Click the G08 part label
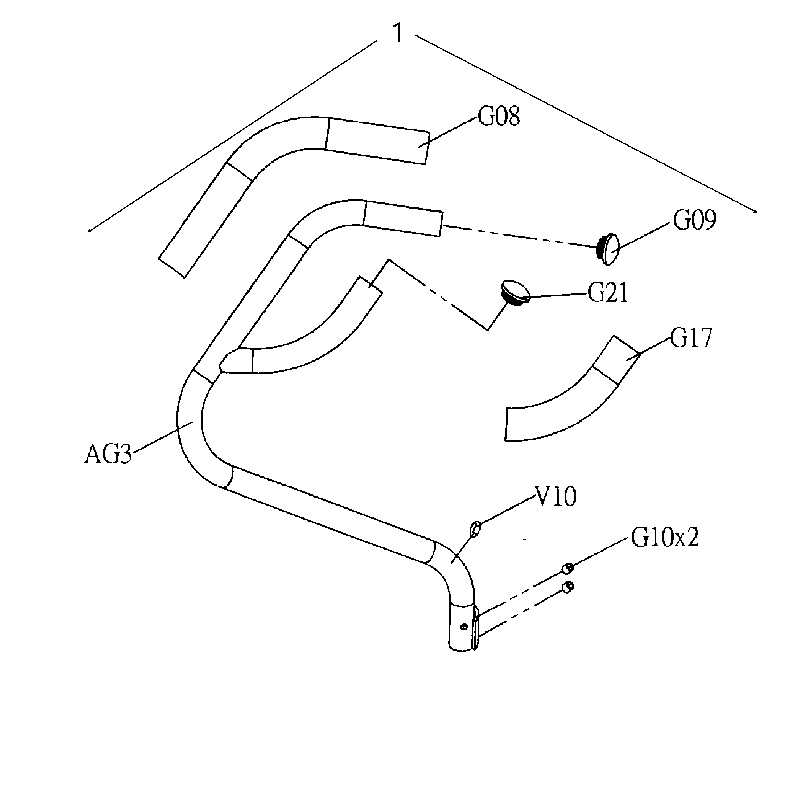coord(499,117)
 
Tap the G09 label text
coord(694,221)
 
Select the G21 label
coord(607,294)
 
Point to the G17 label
coord(691,339)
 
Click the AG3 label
coord(108,455)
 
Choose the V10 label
coord(556,497)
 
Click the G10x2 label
coord(665,537)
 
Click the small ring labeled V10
coord(476,528)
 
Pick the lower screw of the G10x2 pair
coord(568,587)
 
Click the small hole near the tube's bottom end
coord(463,627)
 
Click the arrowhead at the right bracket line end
coord(755,211)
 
